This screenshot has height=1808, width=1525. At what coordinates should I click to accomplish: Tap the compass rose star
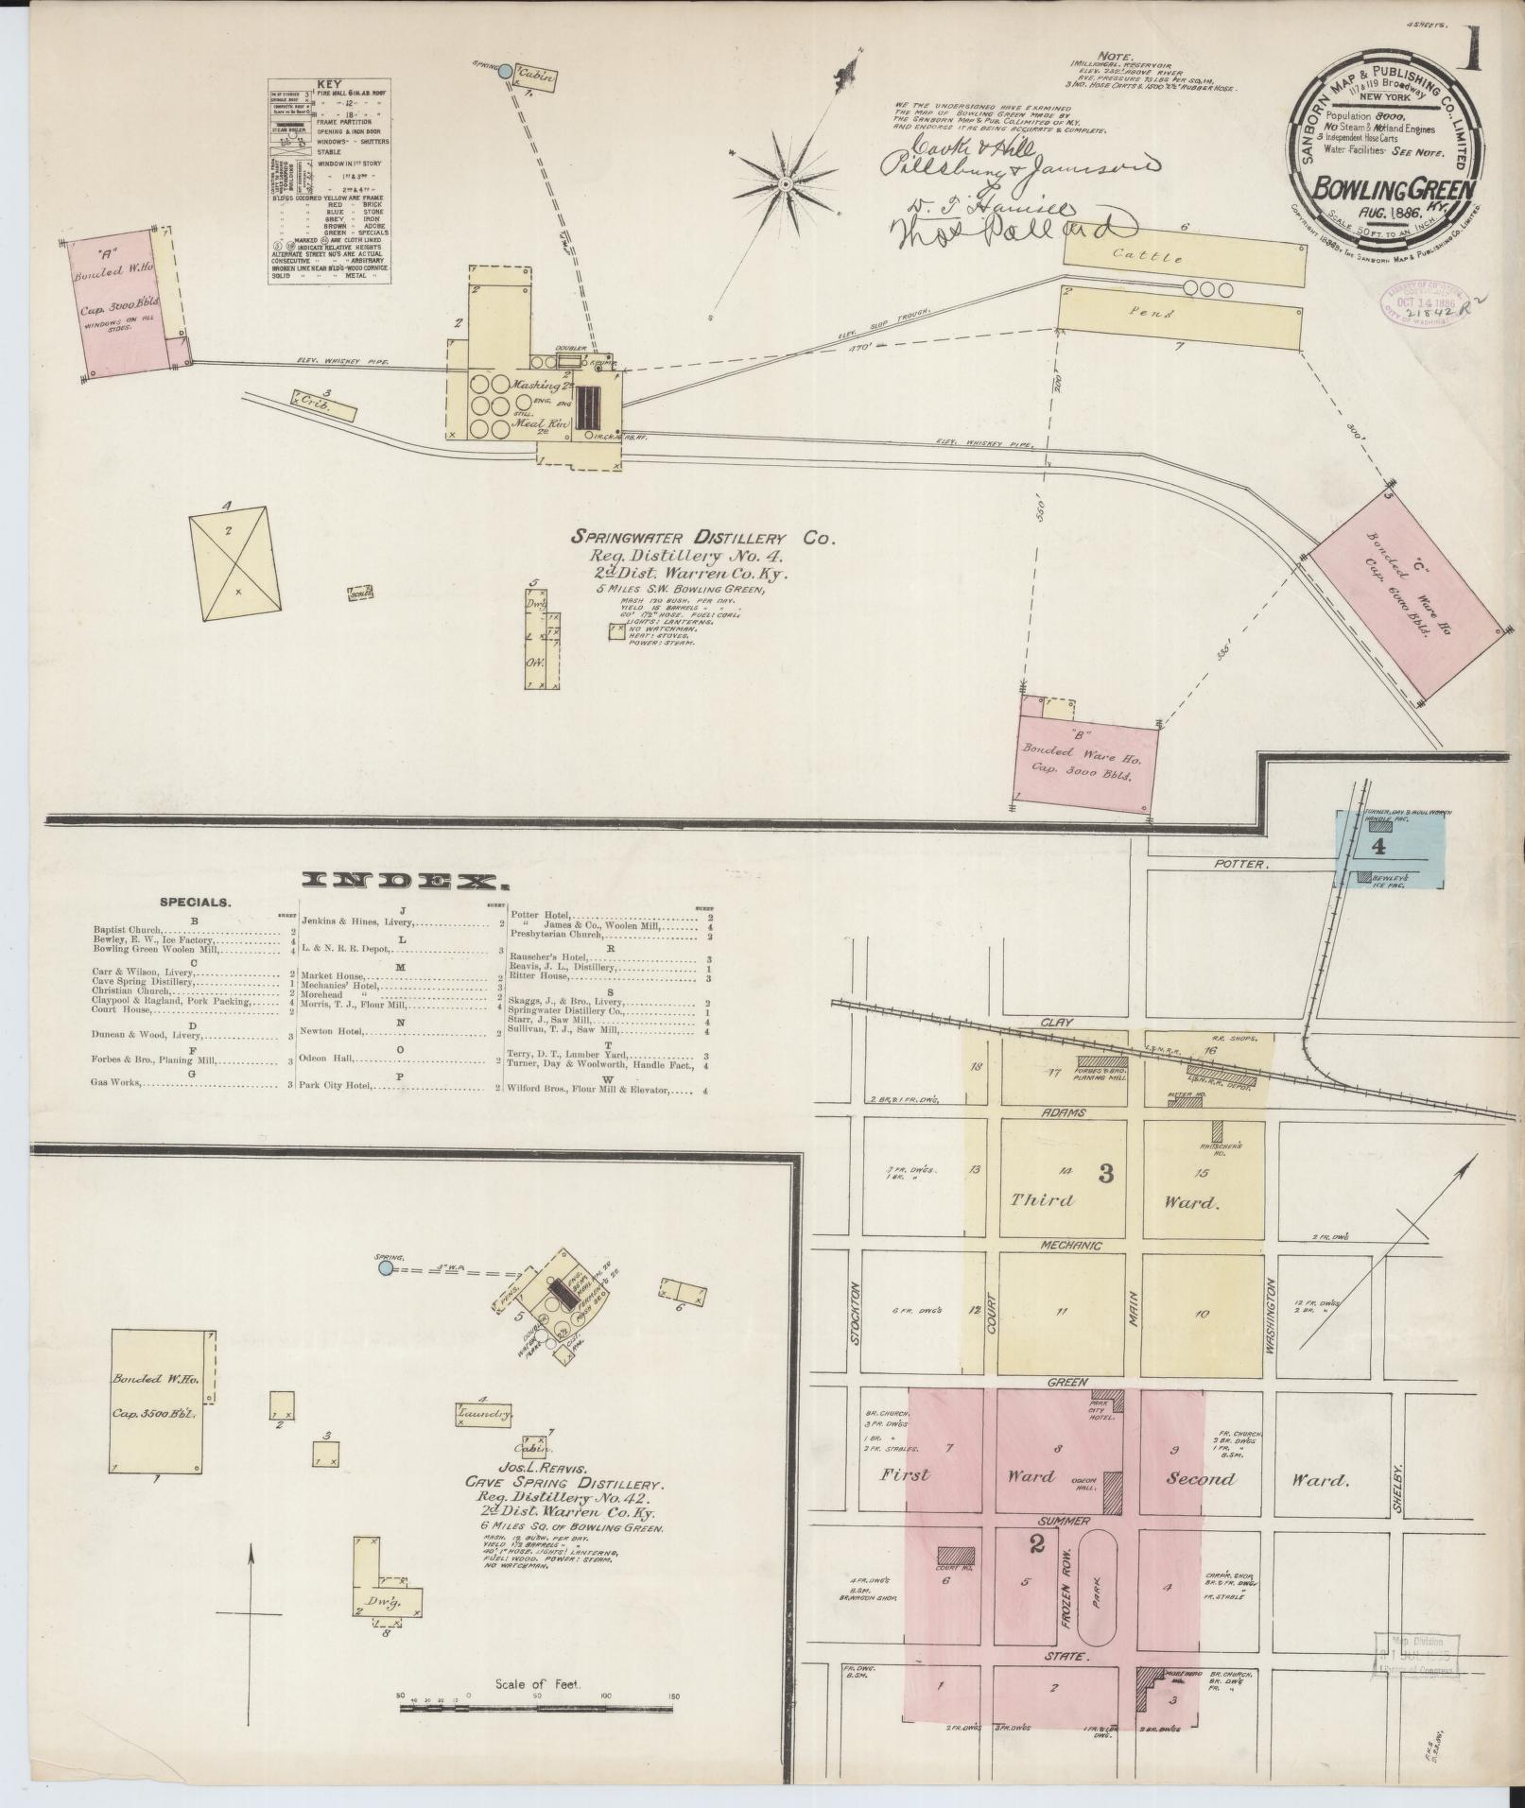(x=784, y=185)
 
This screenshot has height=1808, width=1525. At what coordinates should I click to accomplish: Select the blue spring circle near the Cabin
(x=506, y=71)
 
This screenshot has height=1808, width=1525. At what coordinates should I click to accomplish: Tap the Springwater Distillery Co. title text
(x=703, y=538)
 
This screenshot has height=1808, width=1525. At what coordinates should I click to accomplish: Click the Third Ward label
(x=1043, y=1200)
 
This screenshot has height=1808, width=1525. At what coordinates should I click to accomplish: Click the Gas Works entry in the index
(x=118, y=1082)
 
